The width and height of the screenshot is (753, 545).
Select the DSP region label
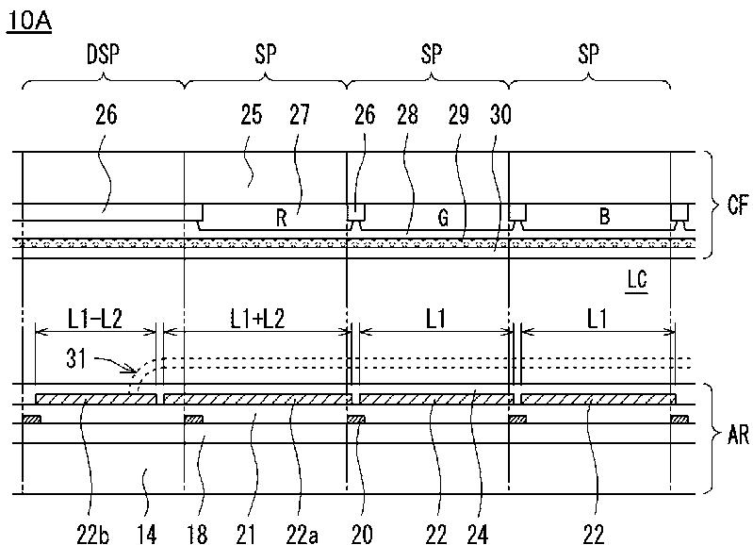click(x=103, y=54)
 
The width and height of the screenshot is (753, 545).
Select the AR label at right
click(x=739, y=436)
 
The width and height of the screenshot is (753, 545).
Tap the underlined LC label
click(x=636, y=281)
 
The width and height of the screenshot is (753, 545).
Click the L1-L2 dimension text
click(x=94, y=319)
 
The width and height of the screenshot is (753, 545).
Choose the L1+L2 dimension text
click(x=257, y=319)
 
